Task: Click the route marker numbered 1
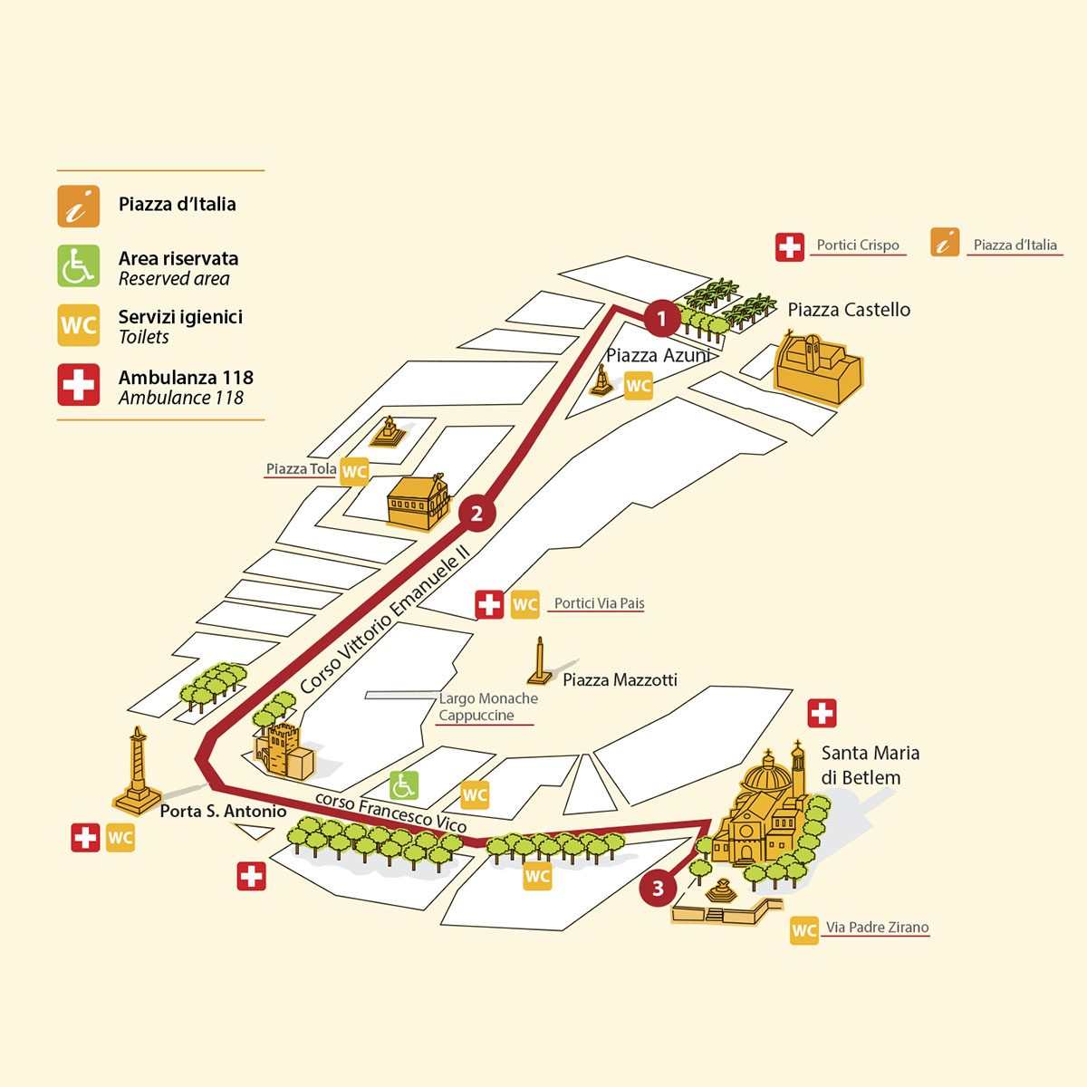(x=661, y=318)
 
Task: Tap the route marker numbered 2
(x=476, y=515)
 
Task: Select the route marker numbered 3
(x=658, y=889)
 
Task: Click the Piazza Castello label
(x=849, y=310)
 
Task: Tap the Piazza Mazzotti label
(x=620, y=680)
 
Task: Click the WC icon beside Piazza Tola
(x=354, y=472)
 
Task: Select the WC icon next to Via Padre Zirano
(x=803, y=930)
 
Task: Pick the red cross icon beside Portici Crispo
(x=790, y=246)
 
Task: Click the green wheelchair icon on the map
(x=404, y=785)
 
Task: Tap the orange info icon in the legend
(x=79, y=206)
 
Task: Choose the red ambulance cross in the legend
(x=79, y=385)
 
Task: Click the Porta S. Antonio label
(x=223, y=812)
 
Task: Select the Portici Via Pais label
(x=599, y=603)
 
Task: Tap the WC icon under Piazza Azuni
(x=639, y=386)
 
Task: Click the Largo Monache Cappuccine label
(x=487, y=707)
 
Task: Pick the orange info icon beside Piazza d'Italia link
(x=945, y=243)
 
